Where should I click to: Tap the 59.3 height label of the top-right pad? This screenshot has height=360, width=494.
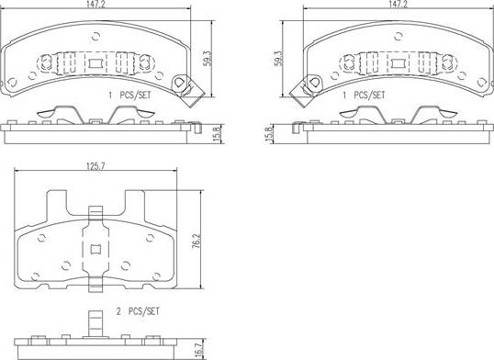coord(278,59)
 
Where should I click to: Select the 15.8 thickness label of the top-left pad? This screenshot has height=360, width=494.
coord(217,135)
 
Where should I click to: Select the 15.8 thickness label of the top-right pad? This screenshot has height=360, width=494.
coord(269,135)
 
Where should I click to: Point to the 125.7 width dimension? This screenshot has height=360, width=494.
coord(95,166)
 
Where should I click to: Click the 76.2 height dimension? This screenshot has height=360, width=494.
coord(196,241)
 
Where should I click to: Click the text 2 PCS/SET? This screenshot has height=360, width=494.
coord(138,311)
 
